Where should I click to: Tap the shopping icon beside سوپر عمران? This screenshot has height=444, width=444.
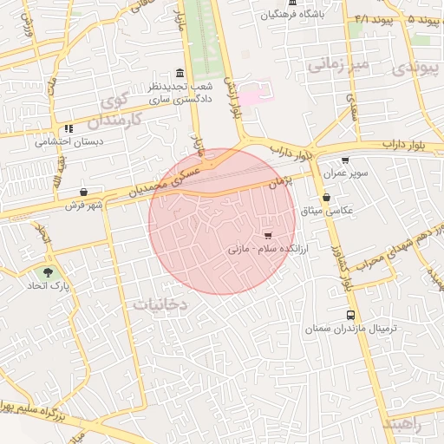pyautogui.click(x=345, y=160)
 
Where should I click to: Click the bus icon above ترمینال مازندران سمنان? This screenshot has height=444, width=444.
pyautogui.click(x=350, y=316)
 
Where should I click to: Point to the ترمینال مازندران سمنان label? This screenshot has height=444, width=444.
pyautogui.click(x=350, y=330)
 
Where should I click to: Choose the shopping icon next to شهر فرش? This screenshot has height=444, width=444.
pyautogui.click(x=83, y=193)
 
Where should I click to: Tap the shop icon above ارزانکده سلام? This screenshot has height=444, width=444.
pyautogui.click(x=268, y=235)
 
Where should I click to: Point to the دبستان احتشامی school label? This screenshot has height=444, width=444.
pyautogui.click(x=69, y=141)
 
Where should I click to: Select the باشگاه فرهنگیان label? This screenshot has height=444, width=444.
pyautogui.click(x=295, y=15)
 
